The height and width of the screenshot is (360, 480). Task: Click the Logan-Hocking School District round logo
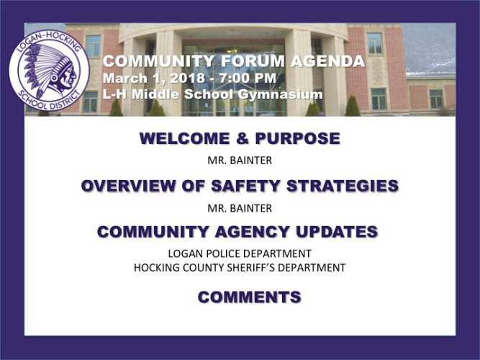[49, 71]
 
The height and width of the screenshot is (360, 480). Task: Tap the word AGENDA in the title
[327, 61]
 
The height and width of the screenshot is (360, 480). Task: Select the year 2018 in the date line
[187, 78]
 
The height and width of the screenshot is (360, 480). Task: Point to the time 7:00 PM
[248, 78]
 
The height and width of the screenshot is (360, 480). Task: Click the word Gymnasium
[280, 94]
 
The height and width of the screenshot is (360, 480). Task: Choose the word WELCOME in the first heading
[184, 138]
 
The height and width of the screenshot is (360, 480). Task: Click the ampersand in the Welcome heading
[242, 138]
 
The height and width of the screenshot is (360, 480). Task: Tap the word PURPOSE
[297, 138]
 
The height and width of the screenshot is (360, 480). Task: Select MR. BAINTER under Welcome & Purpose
[240, 161]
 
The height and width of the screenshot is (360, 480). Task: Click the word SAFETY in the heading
[245, 186]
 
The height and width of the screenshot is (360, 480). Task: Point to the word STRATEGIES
[343, 186]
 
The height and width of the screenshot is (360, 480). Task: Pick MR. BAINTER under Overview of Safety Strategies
[240, 208]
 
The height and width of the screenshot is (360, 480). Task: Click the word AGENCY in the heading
[252, 232]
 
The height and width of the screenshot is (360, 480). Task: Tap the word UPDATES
[336, 232]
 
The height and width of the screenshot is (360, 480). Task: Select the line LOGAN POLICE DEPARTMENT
[240, 253]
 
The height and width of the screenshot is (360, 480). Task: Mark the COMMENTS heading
[250, 297]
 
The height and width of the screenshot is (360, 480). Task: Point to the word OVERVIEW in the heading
[128, 186]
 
